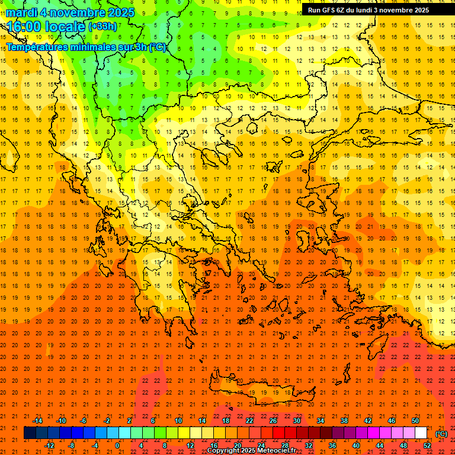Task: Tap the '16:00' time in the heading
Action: tap(23, 27)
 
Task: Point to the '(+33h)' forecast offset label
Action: tap(102, 27)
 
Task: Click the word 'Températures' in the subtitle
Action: tap(36, 47)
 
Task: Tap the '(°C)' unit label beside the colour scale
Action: tap(441, 434)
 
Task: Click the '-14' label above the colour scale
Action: tap(37, 421)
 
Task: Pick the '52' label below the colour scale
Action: tap(427, 446)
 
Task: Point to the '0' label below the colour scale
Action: tap(117, 446)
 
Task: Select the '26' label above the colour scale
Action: tap(273, 421)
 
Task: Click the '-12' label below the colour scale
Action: tap(49, 446)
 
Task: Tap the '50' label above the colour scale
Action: tap(415, 421)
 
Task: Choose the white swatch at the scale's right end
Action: tap(421, 433)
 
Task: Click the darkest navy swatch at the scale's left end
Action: tap(30, 433)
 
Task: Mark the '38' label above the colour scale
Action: tap(344, 421)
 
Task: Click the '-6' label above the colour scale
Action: tap(84, 421)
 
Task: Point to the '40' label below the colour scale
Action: tap(356, 446)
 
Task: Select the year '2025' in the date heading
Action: tap(118, 12)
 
